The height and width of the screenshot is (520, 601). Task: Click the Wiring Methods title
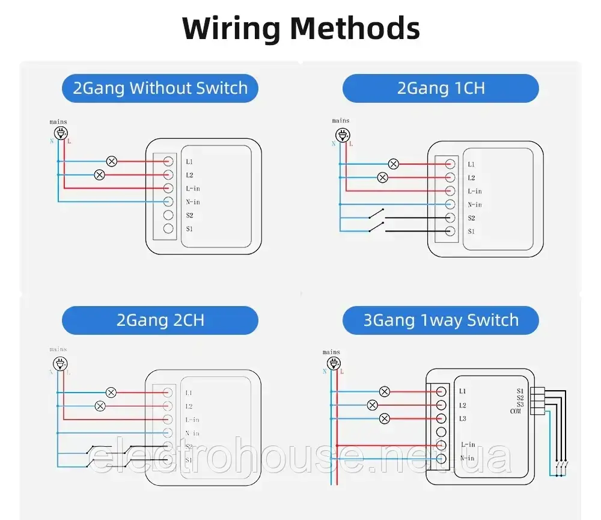[x=300, y=28]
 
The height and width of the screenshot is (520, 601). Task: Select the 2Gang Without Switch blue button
[x=160, y=88]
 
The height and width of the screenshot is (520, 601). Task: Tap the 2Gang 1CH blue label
[x=441, y=88]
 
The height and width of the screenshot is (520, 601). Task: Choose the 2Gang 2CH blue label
[x=160, y=320]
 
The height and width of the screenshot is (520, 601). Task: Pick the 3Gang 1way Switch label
[x=441, y=320]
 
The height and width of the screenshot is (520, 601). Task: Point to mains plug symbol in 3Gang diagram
[x=331, y=364]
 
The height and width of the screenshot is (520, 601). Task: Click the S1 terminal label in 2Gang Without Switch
[x=189, y=229]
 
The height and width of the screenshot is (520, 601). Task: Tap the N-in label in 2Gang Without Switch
[x=192, y=202]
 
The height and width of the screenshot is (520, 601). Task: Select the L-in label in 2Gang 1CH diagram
[x=474, y=191]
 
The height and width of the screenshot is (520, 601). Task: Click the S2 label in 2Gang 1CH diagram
[x=471, y=218]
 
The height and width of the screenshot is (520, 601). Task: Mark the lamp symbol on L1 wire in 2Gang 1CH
[x=393, y=164]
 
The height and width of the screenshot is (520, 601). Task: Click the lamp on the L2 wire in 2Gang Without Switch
[x=100, y=175]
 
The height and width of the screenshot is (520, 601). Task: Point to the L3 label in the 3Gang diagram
[x=462, y=418]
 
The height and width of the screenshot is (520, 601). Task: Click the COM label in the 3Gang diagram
[x=516, y=411]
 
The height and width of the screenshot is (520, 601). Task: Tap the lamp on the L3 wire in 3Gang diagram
[x=385, y=418]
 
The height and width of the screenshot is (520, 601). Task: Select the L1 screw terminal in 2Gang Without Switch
[x=168, y=162]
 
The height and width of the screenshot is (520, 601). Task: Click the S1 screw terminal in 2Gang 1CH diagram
[x=449, y=231]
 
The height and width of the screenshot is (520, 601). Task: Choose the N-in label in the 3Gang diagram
[x=468, y=459]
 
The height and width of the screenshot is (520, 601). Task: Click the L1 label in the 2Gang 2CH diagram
[x=189, y=393]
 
